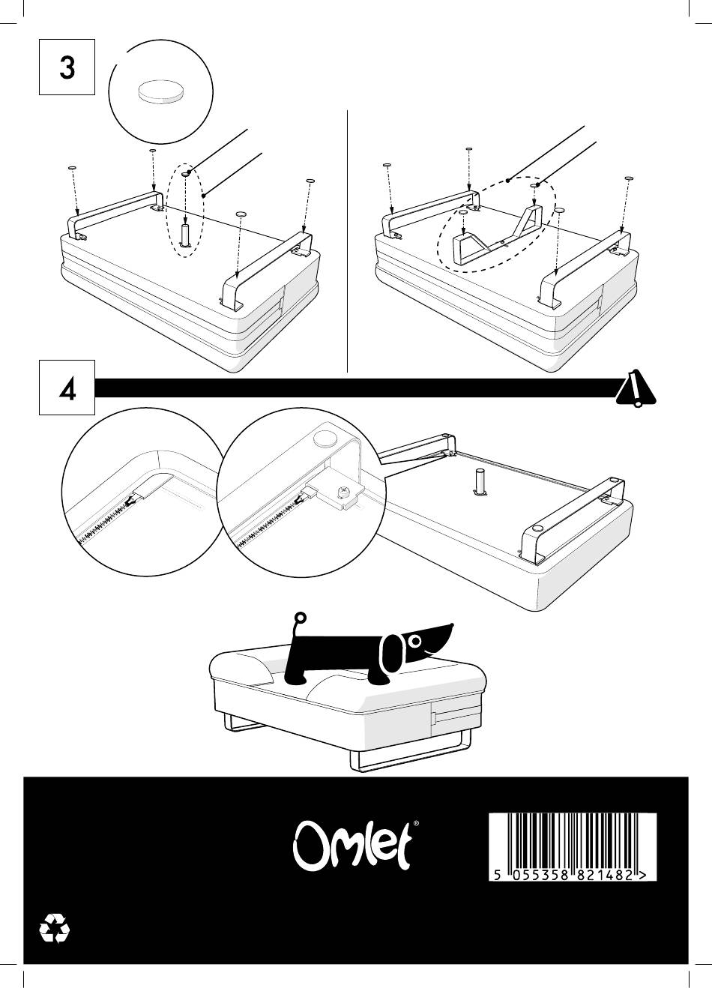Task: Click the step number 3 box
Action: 67,67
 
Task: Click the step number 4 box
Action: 67,388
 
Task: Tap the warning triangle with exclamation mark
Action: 636,389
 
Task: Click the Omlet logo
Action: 351,848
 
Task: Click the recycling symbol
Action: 55,928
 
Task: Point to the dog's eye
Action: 414,639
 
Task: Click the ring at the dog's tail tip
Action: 301,619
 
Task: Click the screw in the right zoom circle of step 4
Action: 343,493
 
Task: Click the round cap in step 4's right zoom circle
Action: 325,439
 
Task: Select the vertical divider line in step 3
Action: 349,240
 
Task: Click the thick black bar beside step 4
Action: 352,388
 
